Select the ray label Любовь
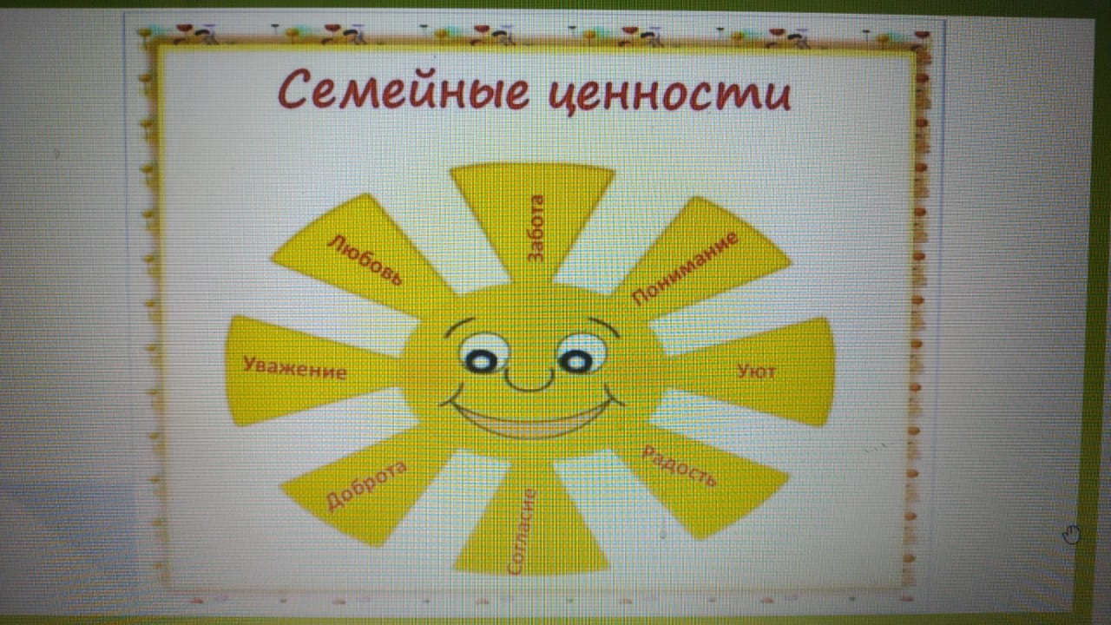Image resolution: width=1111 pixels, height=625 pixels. (x=365, y=260)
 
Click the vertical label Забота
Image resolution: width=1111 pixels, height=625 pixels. (x=536, y=228)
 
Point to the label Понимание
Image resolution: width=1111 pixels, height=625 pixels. (x=686, y=268)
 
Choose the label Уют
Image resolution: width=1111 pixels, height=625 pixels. (x=756, y=372)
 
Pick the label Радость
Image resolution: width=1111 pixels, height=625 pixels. (x=680, y=466)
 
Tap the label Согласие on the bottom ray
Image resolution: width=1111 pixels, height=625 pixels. (x=522, y=532)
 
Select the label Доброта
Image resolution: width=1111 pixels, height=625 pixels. (x=366, y=485)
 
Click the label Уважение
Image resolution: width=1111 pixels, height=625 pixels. (x=294, y=367)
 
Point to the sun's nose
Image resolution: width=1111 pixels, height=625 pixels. (x=529, y=382)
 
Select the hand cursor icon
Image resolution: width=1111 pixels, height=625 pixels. (x=1071, y=534)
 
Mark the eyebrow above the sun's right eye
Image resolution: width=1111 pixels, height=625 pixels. (x=604, y=325)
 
